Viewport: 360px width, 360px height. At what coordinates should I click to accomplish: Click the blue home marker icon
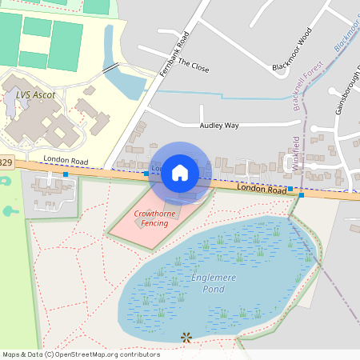(180, 171)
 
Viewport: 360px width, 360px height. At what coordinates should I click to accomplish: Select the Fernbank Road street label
(174, 55)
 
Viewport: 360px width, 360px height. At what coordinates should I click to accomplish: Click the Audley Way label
(219, 126)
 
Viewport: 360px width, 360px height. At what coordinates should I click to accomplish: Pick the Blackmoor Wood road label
(291, 50)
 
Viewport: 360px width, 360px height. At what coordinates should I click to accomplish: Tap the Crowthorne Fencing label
(156, 218)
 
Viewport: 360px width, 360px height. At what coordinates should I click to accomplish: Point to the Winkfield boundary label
(296, 151)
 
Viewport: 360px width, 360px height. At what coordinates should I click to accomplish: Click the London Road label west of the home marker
(66, 160)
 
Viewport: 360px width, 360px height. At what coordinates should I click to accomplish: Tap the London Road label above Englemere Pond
(262, 190)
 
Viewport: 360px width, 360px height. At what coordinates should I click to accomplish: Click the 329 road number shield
(6, 162)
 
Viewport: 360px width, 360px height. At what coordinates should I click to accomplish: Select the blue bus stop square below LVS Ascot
(66, 174)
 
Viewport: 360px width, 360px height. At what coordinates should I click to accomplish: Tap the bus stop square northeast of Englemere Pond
(301, 194)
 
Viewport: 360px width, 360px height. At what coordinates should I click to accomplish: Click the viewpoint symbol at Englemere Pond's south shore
(186, 338)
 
